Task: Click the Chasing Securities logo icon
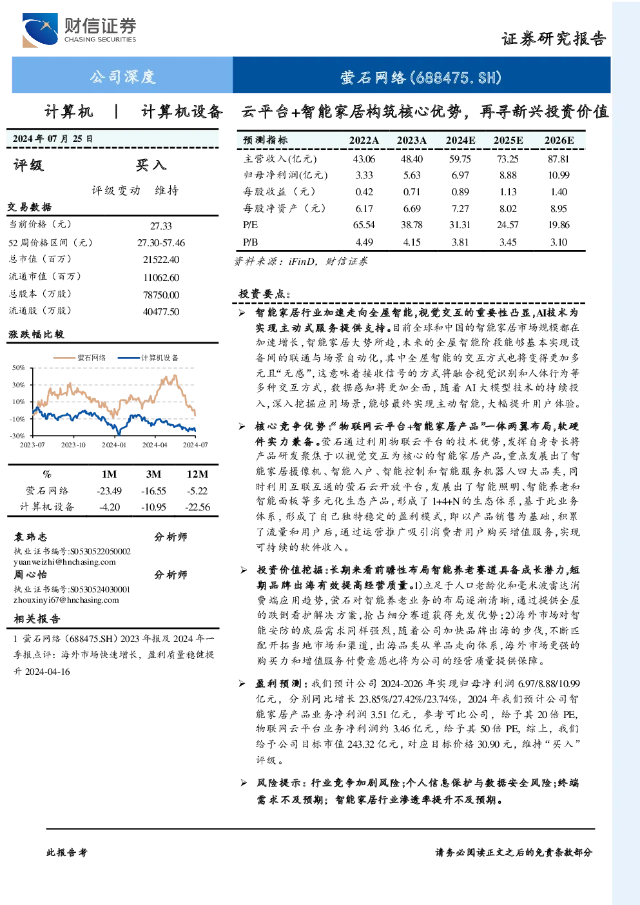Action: point(39,30)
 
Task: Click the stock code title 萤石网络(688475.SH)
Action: point(421,77)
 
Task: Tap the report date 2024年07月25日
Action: point(53,139)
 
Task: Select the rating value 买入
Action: point(151,165)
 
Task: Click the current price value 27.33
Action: point(161,226)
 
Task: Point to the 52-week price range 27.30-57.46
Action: point(161,243)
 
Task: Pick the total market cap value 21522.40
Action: point(161,260)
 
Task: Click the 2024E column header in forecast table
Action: point(460,140)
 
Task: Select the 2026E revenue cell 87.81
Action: point(558,159)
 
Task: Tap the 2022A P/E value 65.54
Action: point(364,225)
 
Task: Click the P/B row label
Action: point(250,242)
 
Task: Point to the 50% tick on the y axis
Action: point(19,367)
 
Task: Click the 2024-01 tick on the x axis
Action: point(114,445)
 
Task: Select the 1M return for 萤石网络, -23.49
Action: point(109,491)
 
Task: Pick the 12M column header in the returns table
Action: point(197,474)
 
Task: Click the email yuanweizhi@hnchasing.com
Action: point(64,562)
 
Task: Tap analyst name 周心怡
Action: point(30,574)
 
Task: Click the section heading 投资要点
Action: point(263,294)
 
